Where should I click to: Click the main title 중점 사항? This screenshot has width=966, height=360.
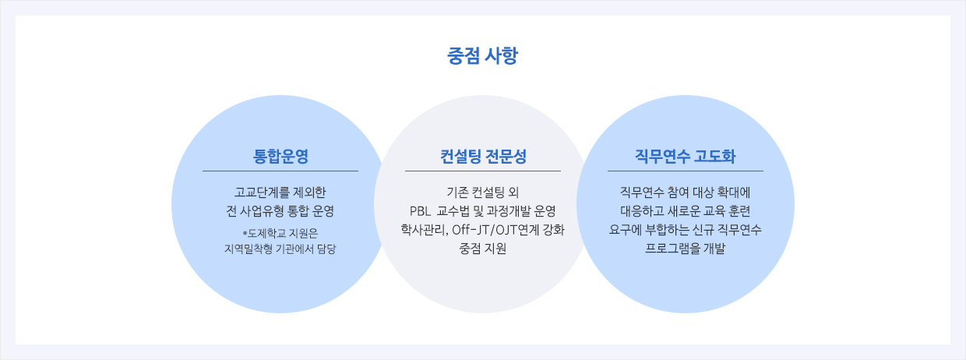[482, 56]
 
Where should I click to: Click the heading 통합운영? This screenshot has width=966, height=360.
[280, 156]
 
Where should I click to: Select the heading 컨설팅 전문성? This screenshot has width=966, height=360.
[483, 156]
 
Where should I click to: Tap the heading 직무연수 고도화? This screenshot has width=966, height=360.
[686, 156]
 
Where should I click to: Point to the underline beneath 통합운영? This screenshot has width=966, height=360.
[280, 171]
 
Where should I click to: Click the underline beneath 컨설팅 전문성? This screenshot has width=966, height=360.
[483, 171]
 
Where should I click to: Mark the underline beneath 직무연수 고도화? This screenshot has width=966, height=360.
[686, 171]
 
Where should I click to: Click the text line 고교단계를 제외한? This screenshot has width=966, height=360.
[280, 192]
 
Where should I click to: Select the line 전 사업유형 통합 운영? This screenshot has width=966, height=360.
[280, 211]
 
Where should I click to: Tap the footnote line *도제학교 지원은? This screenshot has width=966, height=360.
[280, 233]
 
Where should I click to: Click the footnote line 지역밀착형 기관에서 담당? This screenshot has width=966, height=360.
[280, 249]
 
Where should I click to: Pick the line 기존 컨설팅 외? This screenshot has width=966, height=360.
[483, 192]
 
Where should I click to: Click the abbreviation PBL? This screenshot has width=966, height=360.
[420, 211]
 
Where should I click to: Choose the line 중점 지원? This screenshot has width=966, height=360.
[483, 249]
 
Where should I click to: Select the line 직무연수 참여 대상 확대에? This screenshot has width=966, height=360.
[686, 192]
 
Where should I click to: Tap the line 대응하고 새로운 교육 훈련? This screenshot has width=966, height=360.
[686, 211]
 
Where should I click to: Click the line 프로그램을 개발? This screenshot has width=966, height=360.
[686, 249]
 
